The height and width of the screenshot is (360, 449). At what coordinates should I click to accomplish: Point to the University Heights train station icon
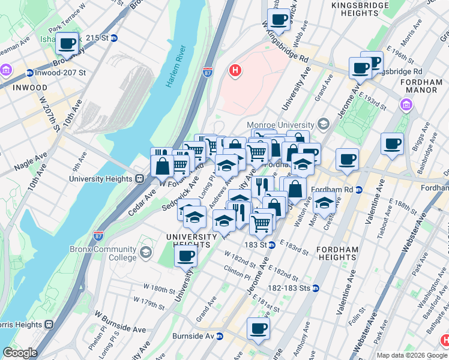[139, 179]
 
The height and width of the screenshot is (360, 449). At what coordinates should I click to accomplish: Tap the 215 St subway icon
[113, 38]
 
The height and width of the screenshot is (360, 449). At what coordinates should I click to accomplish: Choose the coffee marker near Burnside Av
[258, 329]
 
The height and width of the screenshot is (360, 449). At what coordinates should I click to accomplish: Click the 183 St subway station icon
[271, 245]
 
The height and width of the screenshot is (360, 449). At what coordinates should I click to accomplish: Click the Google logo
[20, 353]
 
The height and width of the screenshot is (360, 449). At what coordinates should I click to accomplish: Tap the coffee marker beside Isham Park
[68, 43]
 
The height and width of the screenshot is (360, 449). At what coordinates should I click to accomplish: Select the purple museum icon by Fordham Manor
[406, 106]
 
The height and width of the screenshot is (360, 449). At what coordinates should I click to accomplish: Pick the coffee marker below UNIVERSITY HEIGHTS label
[185, 257]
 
